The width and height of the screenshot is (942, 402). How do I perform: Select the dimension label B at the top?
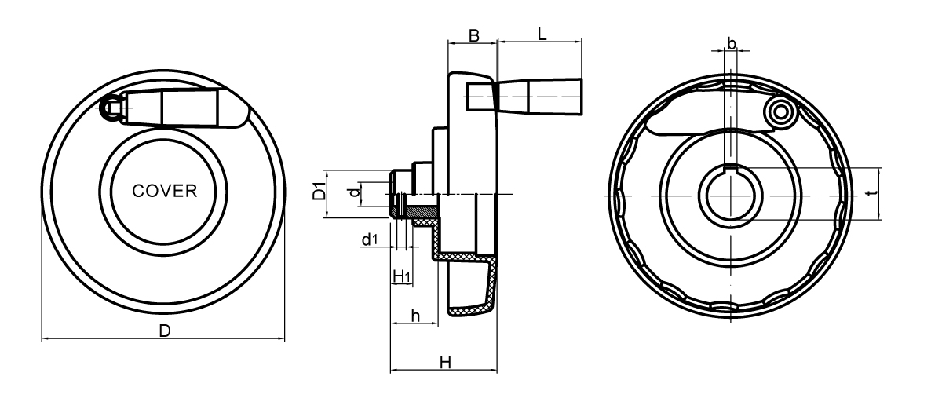[x=473, y=35]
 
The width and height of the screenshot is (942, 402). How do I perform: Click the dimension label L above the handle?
[x=542, y=33]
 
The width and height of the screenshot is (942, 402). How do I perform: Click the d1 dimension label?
[x=370, y=239]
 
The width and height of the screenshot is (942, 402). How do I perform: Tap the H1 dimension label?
[x=401, y=276]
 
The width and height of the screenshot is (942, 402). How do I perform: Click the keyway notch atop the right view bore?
[x=731, y=171]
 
